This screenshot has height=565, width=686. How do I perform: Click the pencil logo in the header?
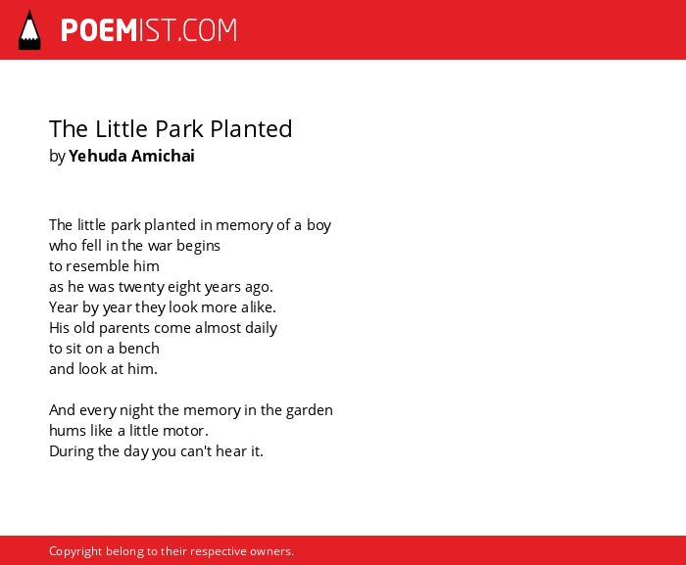pos(29,29)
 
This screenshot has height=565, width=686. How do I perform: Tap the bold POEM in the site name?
pos(99,30)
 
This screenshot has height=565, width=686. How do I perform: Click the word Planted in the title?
pos(251,129)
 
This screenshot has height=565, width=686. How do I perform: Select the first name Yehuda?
pos(98,156)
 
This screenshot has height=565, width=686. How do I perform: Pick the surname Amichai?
pos(163,156)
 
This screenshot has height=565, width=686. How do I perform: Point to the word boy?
pos(318,225)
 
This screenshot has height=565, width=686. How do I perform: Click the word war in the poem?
pos(160,246)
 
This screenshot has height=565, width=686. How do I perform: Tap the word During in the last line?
pos(72,451)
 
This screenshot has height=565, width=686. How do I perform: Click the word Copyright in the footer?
pos(75,551)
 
